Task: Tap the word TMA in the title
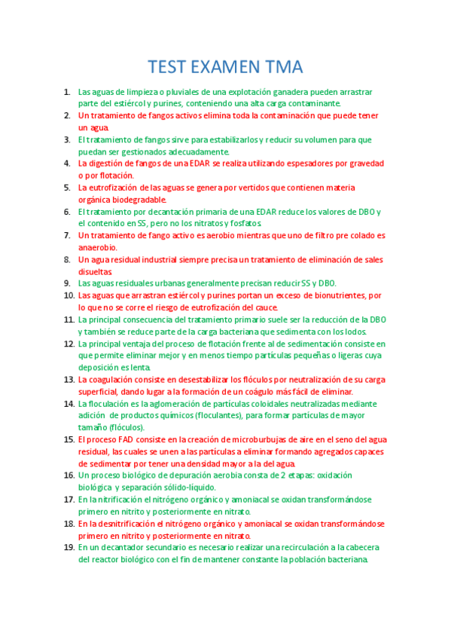282,66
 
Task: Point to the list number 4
68,164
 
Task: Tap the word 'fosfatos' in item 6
243,224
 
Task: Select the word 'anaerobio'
97,248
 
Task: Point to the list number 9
68,283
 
